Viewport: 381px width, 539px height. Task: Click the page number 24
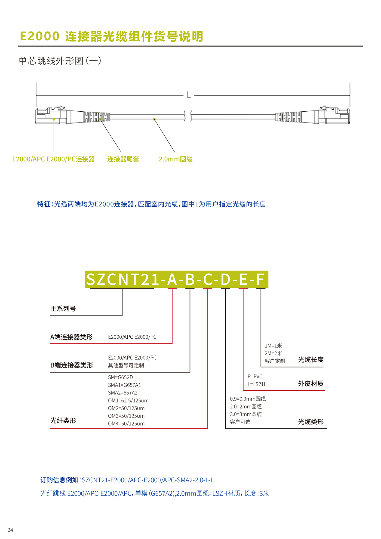click(10, 530)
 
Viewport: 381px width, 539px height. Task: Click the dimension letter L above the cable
click(189, 95)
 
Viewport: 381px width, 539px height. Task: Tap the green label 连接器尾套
click(123, 159)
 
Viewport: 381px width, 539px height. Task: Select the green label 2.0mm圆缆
click(176, 159)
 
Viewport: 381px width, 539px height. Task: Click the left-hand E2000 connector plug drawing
click(51, 115)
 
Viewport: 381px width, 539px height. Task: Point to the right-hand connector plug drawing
click(334, 115)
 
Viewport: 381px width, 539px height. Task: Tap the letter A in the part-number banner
click(172, 279)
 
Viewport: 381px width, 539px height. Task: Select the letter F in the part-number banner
click(260, 279)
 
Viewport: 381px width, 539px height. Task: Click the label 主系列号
click(63, 308)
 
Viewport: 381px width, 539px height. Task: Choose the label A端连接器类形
click(71, 337)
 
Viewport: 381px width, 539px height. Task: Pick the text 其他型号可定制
click(126, 365)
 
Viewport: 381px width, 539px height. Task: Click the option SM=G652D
click(120, 377)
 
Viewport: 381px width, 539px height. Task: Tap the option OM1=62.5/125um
click(128, 400)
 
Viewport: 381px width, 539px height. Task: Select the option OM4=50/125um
click(126, 424)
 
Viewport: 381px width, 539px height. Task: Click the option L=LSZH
click(256, 384)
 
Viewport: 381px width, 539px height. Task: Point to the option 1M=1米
click(273, 345)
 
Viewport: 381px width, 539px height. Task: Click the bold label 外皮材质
click(311, 384)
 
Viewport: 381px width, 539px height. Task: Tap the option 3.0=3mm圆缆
click(246, 414)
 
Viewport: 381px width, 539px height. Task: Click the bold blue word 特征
click(44, 204)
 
